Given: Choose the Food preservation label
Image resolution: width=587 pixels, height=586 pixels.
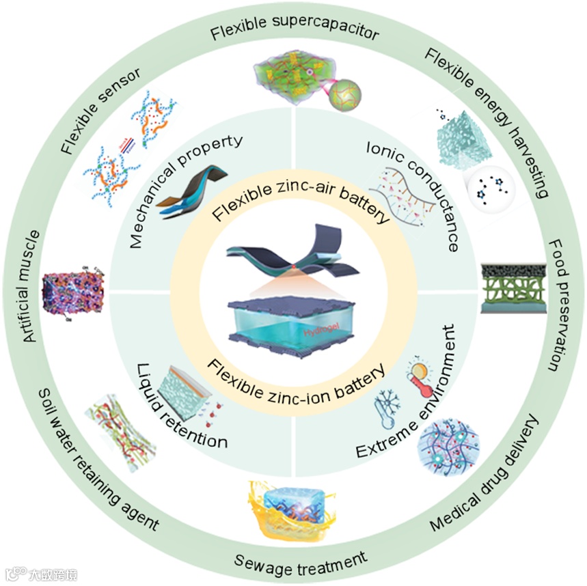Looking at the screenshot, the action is point(558,305).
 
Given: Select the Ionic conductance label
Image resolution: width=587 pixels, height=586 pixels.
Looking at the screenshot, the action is point(414,194).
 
